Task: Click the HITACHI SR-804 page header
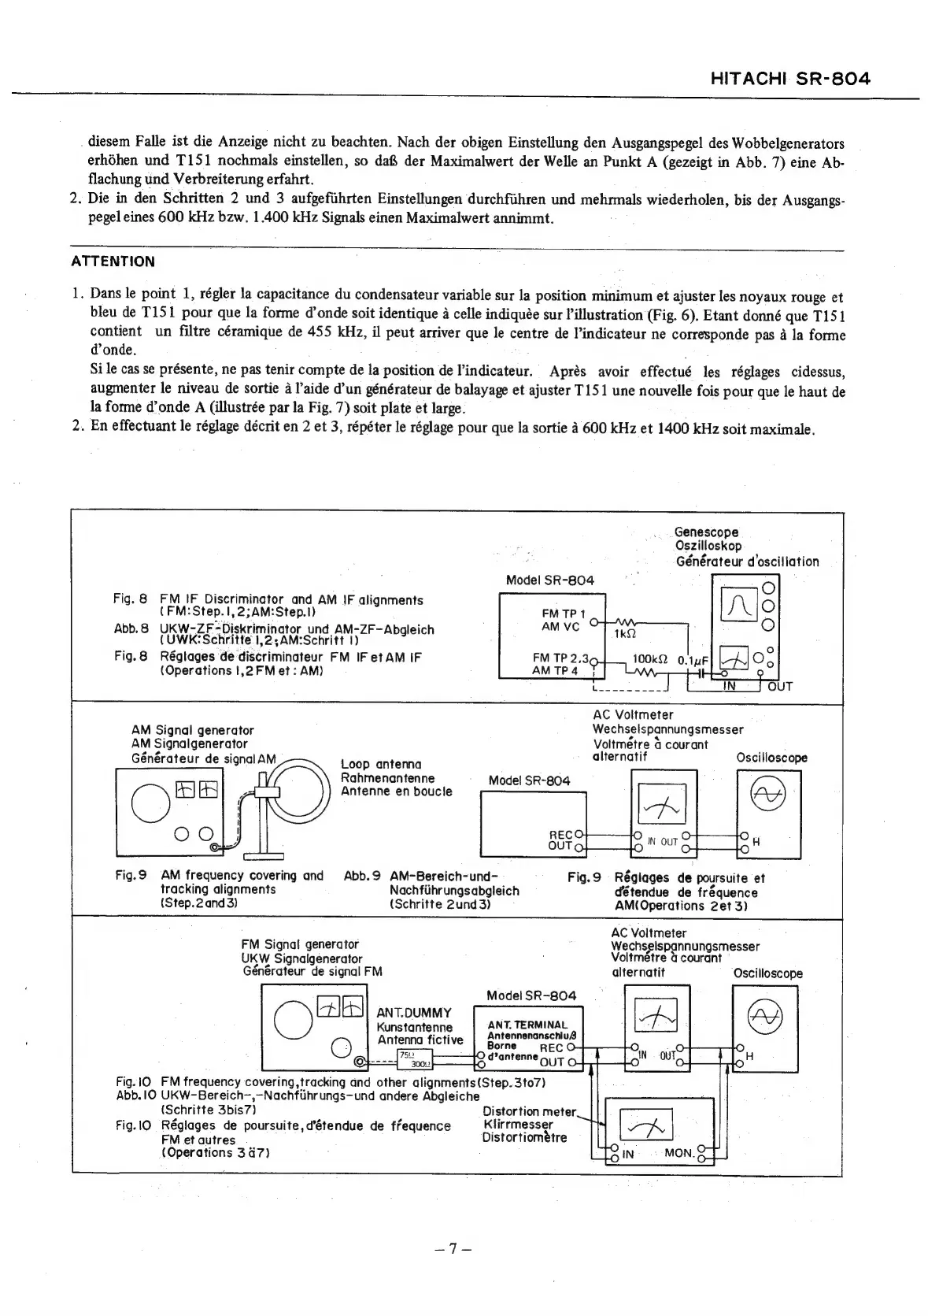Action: pyautogui.click(x=789, y=79)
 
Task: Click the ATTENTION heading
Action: pyautogui.click(x=113, y=261)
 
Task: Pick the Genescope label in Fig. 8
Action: pyautogui.click(x=706, y=532)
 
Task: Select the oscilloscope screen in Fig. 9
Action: pyautogui.click(x=768, y=796)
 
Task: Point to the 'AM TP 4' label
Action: pyautogui.click(x=555, y=670)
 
